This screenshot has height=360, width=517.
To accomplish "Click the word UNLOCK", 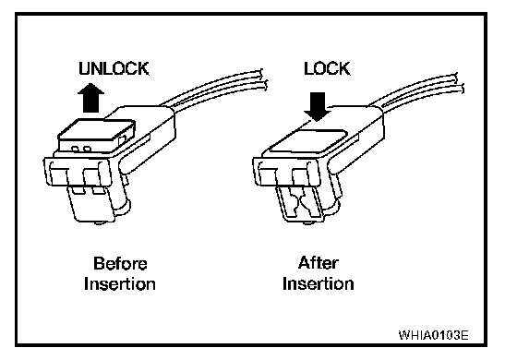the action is click(114, 68).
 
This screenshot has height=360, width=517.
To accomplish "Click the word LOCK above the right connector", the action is click(327, 68).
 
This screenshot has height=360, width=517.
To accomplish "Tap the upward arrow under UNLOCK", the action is click(90, 98).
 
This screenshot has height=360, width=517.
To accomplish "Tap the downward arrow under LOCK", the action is click(318, 106).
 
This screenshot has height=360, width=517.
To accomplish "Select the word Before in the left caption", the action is click(120, 263).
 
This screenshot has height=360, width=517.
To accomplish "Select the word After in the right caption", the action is click(319, 263).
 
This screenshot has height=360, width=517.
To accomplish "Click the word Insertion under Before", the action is click(120, 284).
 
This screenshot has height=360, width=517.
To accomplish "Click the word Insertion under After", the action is click(319, 283).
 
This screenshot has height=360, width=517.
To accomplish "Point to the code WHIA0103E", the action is click(433, 335).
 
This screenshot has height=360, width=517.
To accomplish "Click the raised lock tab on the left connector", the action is click(96, 135).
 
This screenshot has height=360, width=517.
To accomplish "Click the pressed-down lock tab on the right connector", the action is click(308, 140).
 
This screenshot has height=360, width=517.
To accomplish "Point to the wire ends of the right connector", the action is click(460, 83).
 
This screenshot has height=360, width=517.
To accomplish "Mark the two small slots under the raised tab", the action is click(81, 149).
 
